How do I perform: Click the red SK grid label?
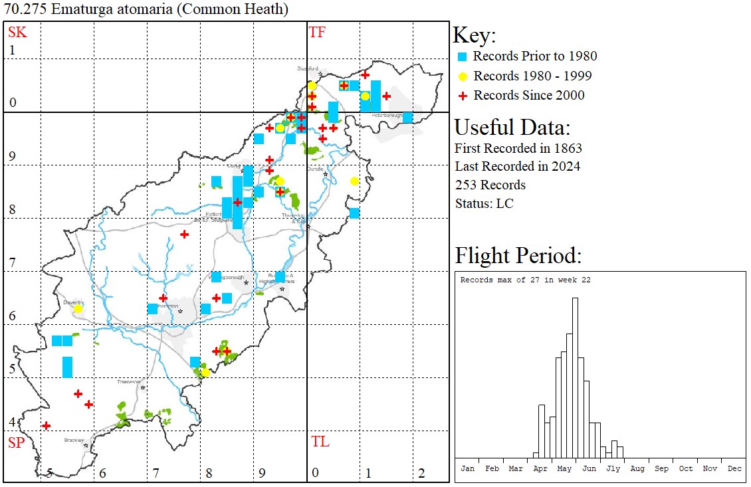click(x=17, y=33)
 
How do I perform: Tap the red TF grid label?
click(x=317, y=33)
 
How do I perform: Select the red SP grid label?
click(x=16, y=443)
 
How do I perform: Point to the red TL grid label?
click(x=320, y=442)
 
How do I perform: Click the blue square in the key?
click(x=463, y=57)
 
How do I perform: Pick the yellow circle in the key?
click(x=463, y=76)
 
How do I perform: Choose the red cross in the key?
click(x=463, y=96)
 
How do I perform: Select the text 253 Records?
click(x=490, y=185)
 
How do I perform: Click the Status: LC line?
click(x=484, y=203)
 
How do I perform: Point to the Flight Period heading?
click(x=518, y=256)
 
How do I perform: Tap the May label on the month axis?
click(x=564, y=468)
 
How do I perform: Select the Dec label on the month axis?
click(x=734, y=468)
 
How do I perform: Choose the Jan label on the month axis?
click(x=467, y=468)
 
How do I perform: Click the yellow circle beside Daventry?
click(x=78, y=309)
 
